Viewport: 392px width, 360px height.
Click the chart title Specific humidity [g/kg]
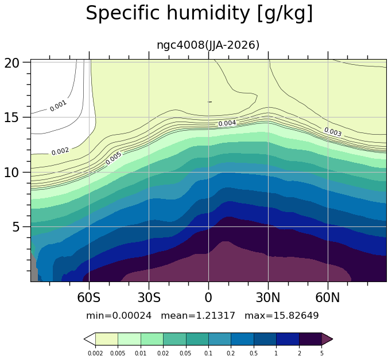(x=199, y=13)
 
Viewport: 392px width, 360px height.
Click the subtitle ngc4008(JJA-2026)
(x=208, y=45)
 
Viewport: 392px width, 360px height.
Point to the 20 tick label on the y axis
(x=11, y=63)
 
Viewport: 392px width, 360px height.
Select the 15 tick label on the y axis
(x=11, y=118)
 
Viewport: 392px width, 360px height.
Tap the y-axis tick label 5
(x=15, y=227)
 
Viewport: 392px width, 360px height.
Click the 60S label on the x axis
(x=89, y=298)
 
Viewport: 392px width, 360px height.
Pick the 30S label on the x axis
(x=149, y=298)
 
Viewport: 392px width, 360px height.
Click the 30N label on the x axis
(x=268, y=298)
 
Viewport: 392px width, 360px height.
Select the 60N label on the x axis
(x=328, y=298)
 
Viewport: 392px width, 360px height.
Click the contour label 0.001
(x=58, y=106)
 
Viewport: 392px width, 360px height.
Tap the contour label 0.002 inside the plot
(x=60, y=151)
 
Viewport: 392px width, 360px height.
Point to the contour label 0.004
(x=227, y=123)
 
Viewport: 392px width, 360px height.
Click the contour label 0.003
(x=333, y=132)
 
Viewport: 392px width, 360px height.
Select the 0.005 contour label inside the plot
(x=114, y=158)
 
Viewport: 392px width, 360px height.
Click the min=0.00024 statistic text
(x=119, y=316)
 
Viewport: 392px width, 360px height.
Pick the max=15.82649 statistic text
(x=282, y=316)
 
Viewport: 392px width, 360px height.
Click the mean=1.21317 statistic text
(x=198, y=316)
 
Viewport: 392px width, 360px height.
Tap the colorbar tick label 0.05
(x=186, y=353)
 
